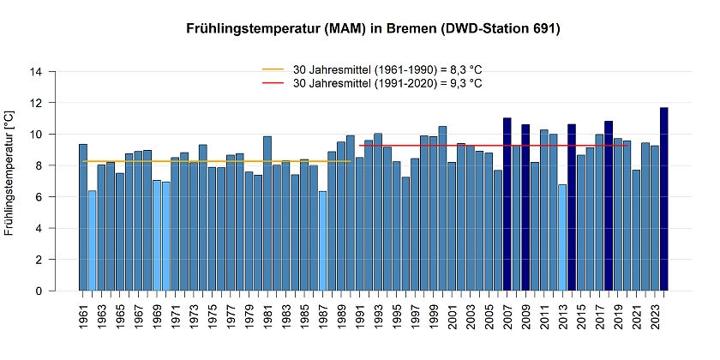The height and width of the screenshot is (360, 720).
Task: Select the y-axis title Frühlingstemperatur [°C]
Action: coord(9,172)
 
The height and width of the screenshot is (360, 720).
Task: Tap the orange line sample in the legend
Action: coord(273,69)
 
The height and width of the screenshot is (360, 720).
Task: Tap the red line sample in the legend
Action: coord(273,83)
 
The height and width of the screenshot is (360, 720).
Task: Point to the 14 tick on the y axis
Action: coord(35,72)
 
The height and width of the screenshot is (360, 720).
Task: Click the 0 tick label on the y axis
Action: coord(39,291)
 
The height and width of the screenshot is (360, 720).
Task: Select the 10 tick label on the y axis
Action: coord(35,135)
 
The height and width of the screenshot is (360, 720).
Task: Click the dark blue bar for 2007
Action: coord(507,205)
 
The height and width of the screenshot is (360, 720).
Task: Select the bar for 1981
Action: coord(267,213)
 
